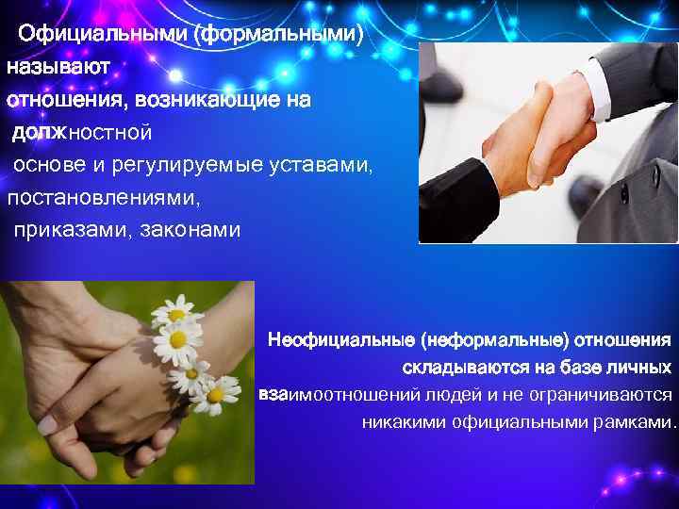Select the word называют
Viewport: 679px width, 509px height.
pos(58,68)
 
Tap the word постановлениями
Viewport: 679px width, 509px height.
pos(104,199)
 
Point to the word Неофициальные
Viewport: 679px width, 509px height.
pos(341,337)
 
